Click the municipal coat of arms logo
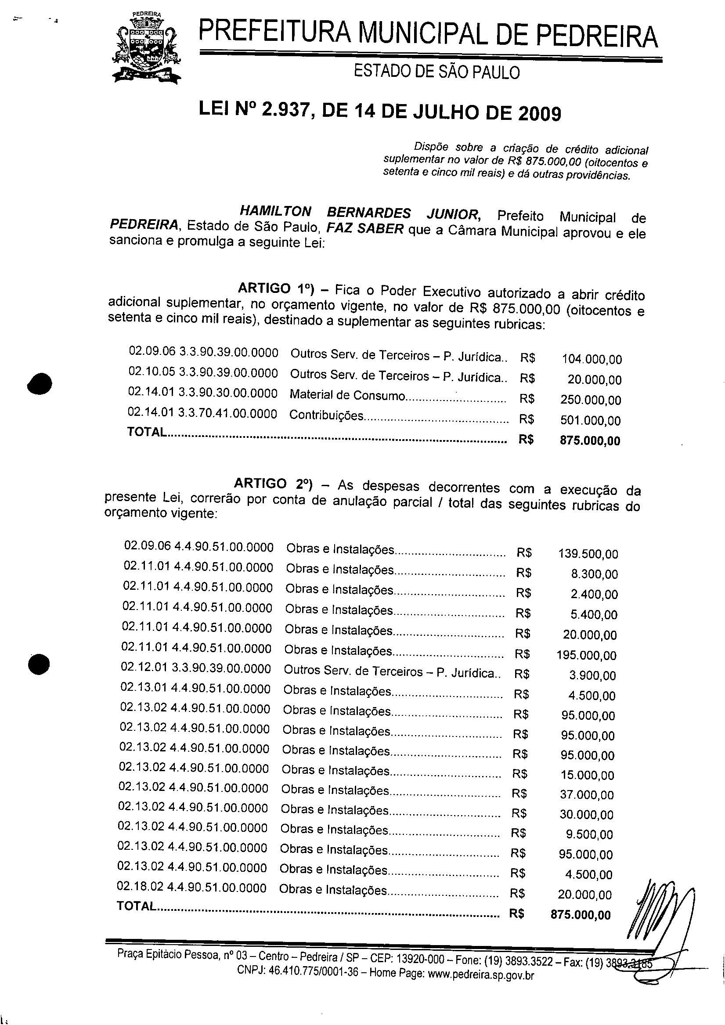click(x=147, y=48)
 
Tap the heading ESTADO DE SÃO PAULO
click(x=436, y=72)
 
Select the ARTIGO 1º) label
click(x=276, y=289)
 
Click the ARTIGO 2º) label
click(x=273, y=484)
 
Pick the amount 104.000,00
click(x=592, y=359)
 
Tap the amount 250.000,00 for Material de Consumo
click(x=591, y=400)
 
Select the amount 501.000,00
click(x=591, y=420)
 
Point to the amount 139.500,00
click(x=588, y=554)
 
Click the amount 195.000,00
click(x=586, y=655)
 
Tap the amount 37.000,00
click(x=587, y=794)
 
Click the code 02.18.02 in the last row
click(x=140, y=887)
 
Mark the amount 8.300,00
click(x=594, y=574)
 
